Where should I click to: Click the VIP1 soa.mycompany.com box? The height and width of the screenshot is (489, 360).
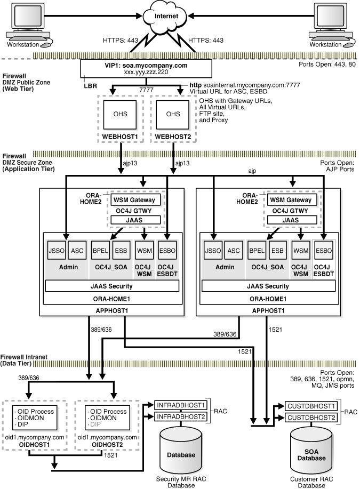point(146,69)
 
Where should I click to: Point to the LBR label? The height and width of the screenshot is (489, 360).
point(90,86)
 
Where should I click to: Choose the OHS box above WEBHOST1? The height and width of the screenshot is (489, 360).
point(120,114)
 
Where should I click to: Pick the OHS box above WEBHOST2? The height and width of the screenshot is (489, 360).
point(173,114)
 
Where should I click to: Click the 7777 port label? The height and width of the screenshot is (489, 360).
point(146,90)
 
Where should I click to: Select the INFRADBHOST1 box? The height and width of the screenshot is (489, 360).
point(181,405)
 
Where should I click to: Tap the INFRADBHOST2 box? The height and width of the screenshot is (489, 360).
point(181,416)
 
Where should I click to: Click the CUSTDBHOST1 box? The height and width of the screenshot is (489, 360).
point(311,406)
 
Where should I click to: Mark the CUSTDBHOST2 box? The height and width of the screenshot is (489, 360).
point(311,417)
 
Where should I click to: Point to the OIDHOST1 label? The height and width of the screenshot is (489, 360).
point(34,444)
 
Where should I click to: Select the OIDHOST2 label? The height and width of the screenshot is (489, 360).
point(107,444)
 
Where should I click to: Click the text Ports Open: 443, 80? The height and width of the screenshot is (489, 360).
point(327,64)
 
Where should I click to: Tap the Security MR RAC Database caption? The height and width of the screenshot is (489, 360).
point(181,482)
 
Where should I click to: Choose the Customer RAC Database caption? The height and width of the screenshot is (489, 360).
point(311,482)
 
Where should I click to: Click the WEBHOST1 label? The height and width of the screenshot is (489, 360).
point(120,137)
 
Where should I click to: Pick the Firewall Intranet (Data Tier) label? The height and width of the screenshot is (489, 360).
point(23,360)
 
